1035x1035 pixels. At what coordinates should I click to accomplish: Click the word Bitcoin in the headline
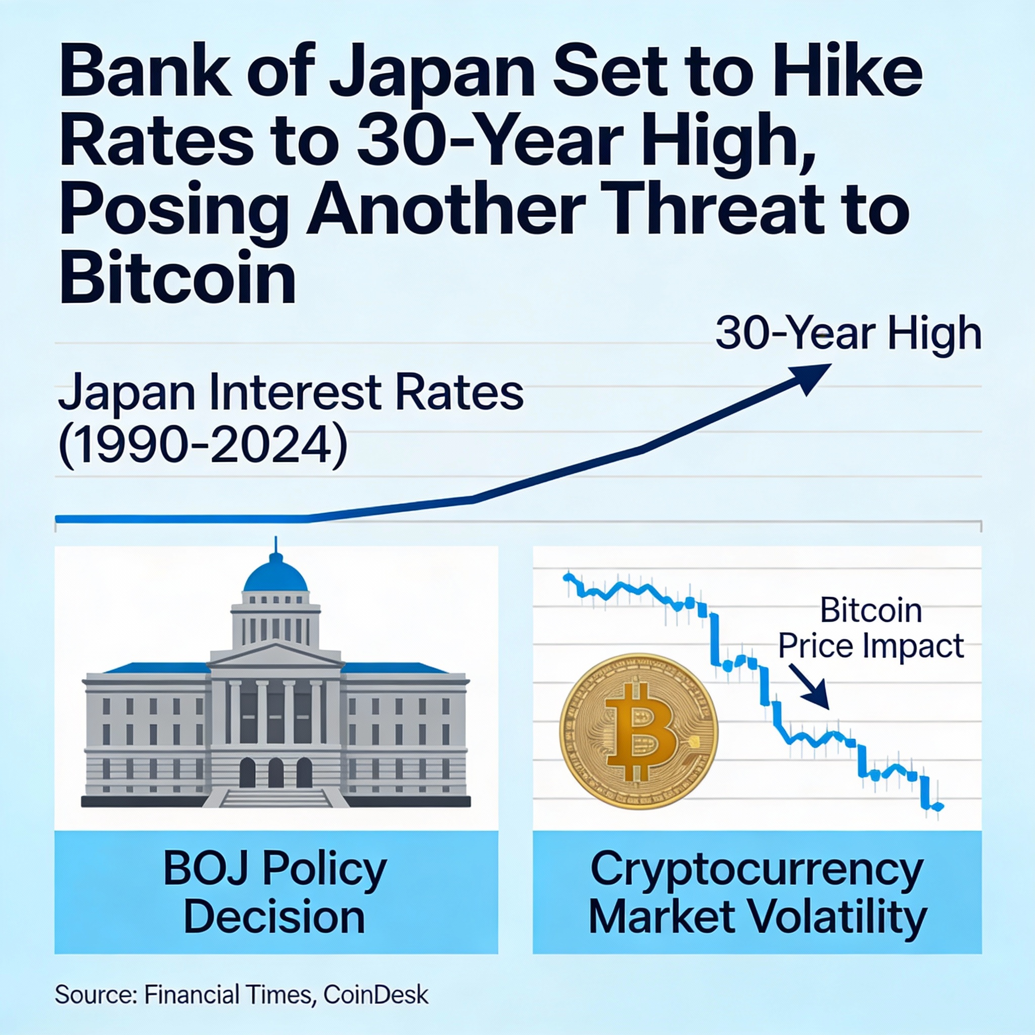point(177,276)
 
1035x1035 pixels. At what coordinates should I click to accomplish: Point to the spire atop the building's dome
point(275,544)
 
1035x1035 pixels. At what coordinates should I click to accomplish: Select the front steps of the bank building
point(276,797)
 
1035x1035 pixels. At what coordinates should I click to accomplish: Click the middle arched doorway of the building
point(275,772)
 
